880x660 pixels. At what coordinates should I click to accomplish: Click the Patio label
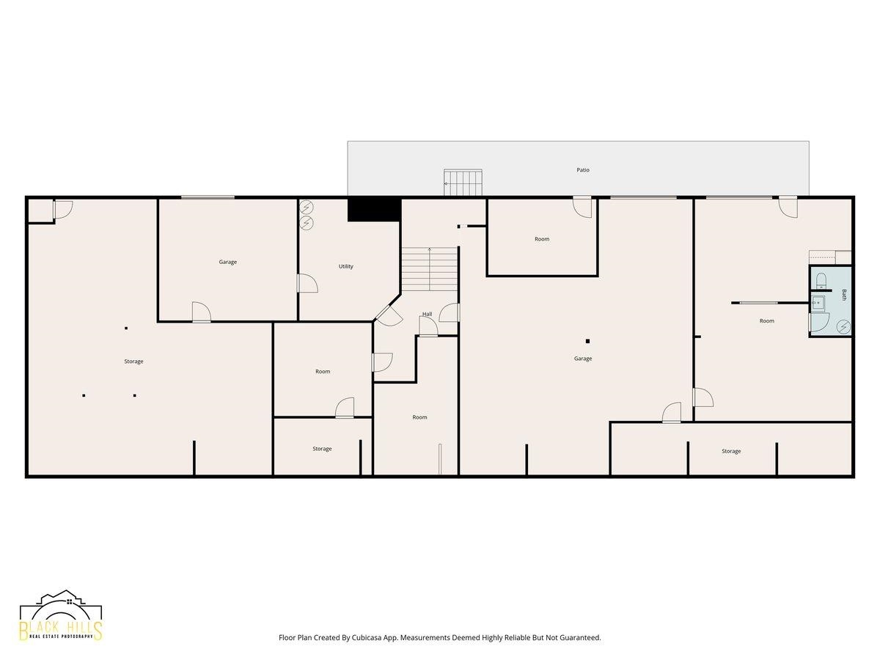(x=582, y=170)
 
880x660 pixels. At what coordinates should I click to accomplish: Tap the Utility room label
(x=345, y=266)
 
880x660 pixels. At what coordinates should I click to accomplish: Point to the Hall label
(x=427, y=314)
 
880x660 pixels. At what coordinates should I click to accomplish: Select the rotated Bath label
(x=844, y=295)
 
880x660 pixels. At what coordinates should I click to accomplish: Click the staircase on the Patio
(x=463, y=183)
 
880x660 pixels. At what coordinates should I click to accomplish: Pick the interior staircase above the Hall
(x=430, y=269)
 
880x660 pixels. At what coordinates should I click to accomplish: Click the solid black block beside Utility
(x=374, y=209)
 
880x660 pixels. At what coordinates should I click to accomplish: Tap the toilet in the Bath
(x=821, y=281)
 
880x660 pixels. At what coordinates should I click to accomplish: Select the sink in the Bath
(x=818, y=303)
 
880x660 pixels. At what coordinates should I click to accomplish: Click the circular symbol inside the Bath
(x=843, y=326)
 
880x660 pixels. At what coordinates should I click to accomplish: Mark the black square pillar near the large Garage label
(x=587, y=342)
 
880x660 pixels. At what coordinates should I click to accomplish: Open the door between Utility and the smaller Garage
(x=307, y=283)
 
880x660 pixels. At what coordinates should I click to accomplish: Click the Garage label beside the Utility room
(x=228, y=262)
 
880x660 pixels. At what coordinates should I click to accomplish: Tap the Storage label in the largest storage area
(x=133, y=362)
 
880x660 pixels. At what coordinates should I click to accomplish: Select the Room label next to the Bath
(x=766, y=320)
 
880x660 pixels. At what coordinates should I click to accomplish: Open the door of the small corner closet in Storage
(x=62, y=209)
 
